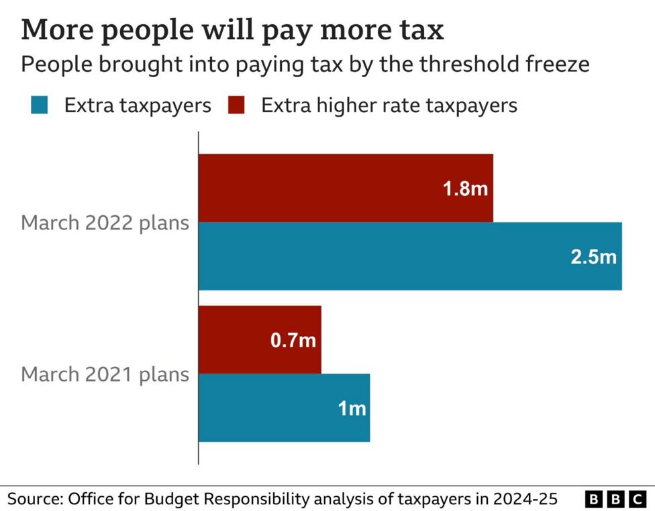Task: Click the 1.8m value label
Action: coord(465,189)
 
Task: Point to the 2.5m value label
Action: coord(593,257)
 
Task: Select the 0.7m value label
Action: coord(293,341)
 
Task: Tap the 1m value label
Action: coord(352,408)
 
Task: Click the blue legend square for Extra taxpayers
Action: coord(40,106)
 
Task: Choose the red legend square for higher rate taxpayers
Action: coord(236,106)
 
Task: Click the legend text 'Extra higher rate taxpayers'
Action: coord(389,106)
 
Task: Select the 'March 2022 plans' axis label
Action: coord(105,223)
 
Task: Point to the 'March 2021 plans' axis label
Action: coord(105,374)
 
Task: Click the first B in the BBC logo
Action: coord(594,500)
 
